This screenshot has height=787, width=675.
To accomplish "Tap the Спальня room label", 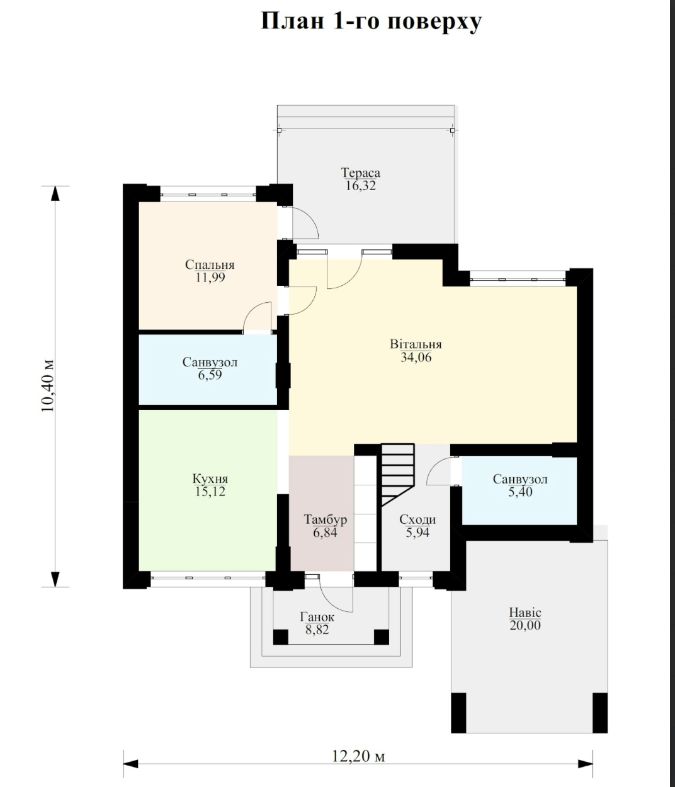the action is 210,264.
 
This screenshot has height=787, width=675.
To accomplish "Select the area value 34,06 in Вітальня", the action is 416,357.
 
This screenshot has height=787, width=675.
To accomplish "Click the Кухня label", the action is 210,478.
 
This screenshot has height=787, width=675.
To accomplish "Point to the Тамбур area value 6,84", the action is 325,532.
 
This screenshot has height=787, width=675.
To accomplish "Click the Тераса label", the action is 361,173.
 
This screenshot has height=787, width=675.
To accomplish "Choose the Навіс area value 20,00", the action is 525,625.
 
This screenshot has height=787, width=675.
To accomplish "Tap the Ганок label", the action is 317,616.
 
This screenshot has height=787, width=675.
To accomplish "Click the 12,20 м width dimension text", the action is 358,756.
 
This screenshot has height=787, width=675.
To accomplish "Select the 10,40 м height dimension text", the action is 48,385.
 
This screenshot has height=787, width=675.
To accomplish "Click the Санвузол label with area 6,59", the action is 210,362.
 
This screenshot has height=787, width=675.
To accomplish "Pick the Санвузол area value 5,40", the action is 520,492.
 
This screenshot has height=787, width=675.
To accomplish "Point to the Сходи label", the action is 417,519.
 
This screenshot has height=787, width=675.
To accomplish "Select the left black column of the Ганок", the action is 281,637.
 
